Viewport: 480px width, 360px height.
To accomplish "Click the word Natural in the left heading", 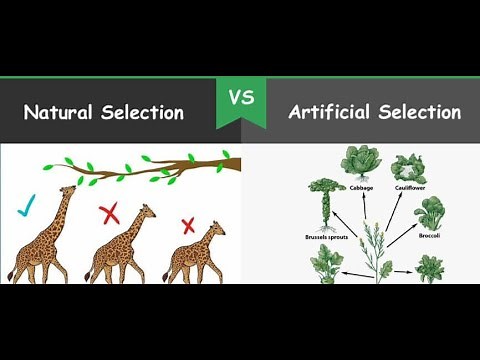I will click(59, 112).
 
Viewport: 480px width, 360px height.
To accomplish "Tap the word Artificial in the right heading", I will click(327, 111).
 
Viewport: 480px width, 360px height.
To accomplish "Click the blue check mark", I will click(27, 208).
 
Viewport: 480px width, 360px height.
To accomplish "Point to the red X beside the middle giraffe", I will click(109, 213).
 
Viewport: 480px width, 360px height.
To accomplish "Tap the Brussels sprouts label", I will click(328, 238).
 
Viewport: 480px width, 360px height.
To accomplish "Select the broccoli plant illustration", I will click(432, 213).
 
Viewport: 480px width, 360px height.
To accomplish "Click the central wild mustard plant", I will click(377, 245).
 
